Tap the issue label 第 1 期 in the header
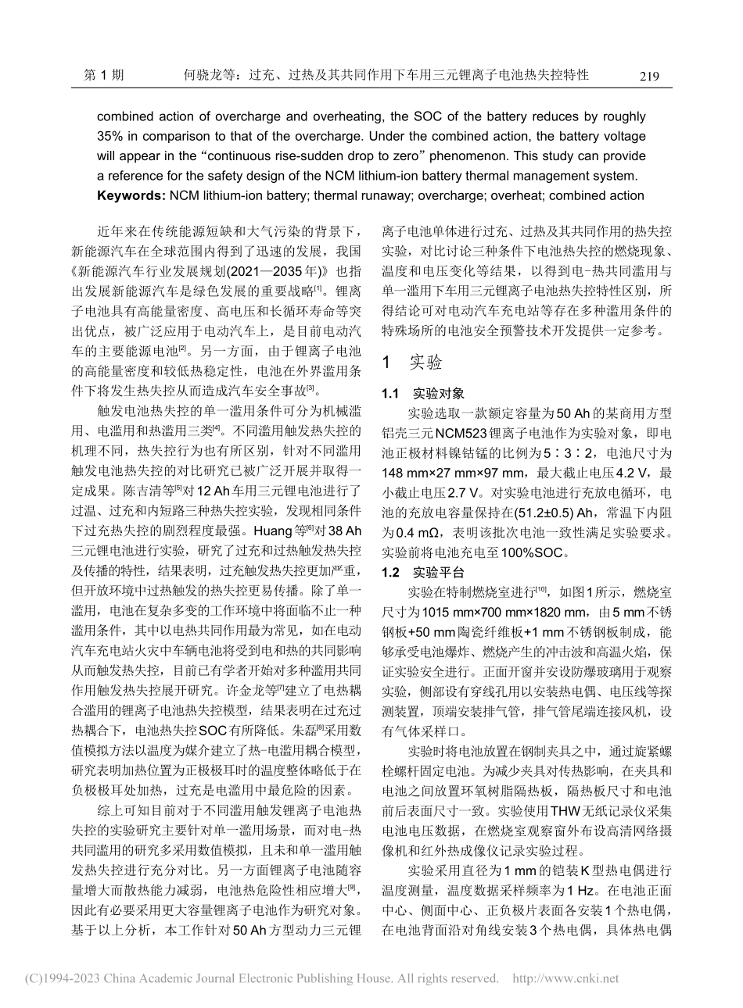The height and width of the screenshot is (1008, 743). point(102,76)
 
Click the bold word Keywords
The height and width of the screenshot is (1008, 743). point(129,195)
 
